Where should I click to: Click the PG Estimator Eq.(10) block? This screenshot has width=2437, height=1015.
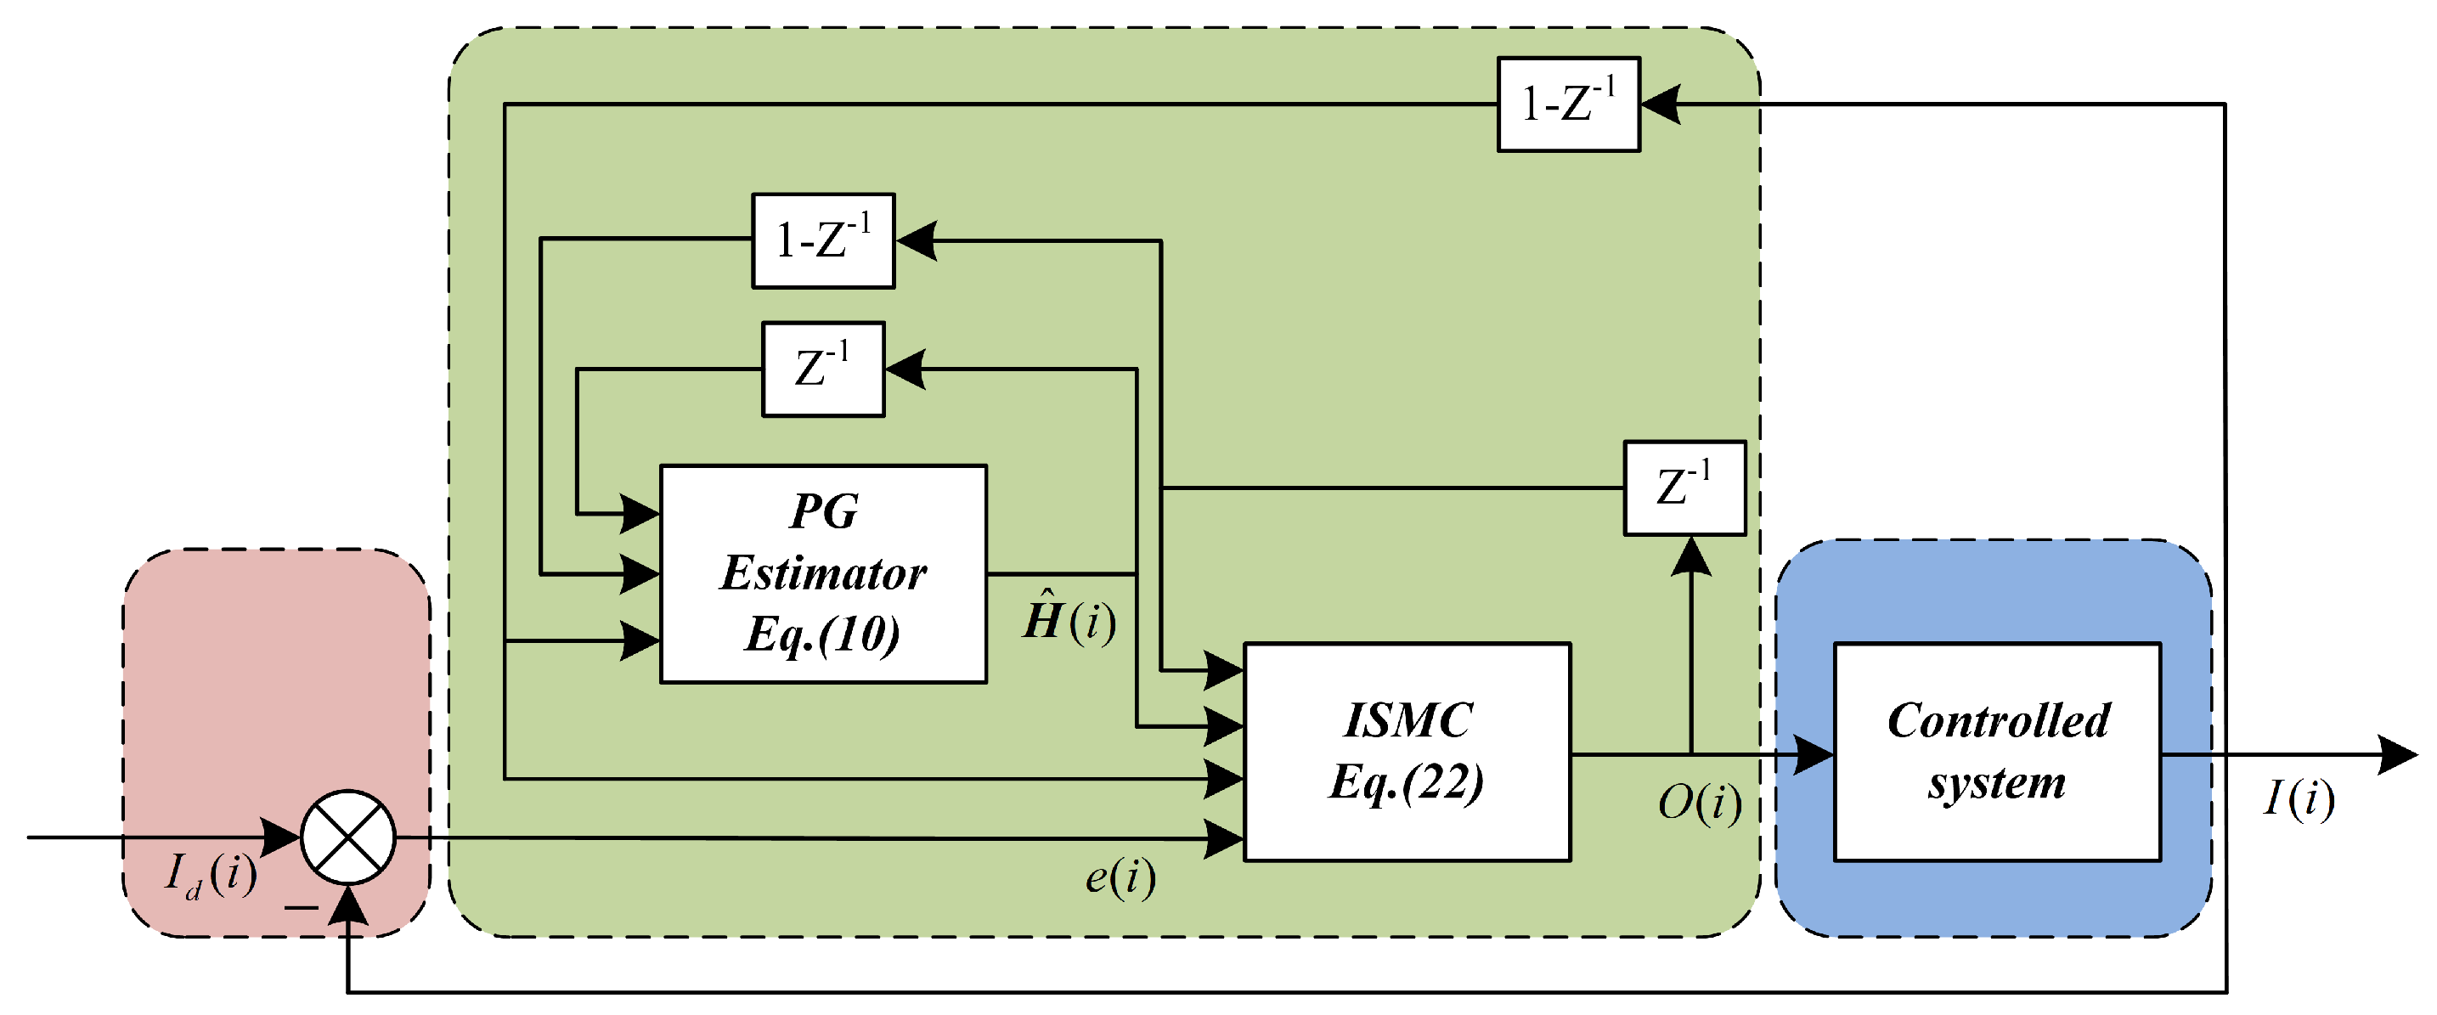tap(823, 573)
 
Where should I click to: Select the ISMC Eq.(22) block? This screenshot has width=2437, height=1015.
tap(1407, 752)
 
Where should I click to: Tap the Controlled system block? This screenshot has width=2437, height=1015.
tap(1997, 752)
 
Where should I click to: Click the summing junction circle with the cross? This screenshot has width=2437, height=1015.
tap(348, 837)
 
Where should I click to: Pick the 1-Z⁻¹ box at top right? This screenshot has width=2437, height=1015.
tap(1567, 104)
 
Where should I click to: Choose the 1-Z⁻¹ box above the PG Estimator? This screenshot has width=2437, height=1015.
tap(823, 240)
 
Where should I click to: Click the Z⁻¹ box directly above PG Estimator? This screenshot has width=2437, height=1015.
tap(823, 369)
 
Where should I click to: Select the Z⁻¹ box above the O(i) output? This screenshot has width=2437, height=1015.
tap(1684, 488)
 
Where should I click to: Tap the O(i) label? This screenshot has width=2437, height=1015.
tap(1699, 802)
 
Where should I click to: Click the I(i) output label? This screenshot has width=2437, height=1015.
tap(2298, 798)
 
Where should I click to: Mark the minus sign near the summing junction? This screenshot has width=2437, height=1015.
tap(301, 908)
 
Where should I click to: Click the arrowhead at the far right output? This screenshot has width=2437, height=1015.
tap(2397, 754)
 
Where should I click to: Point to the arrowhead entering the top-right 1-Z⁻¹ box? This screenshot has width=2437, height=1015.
tap(1661, 104)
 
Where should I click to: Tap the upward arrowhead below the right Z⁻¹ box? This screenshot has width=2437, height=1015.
tap(1690, 556)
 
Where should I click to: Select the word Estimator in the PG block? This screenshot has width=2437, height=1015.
tap(823, 573)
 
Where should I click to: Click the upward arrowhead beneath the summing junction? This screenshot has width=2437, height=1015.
tap(348, 905)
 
